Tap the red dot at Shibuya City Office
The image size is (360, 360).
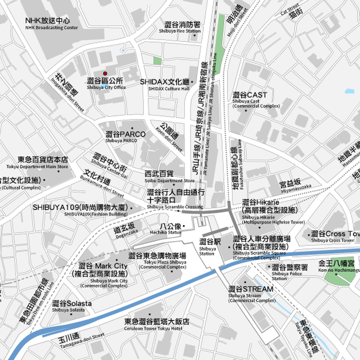pyautogui.click(x=105, y=73)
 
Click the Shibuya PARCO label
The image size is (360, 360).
pyautogui.click(x=125, y=136)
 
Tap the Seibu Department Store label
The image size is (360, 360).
pyautogui.click(x=164, y=176)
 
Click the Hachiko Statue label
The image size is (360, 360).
pyautogui.click(x=169, y=229)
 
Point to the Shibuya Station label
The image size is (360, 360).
pyautogui.click(x=208, y=246)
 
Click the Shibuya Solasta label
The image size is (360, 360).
pyautogui.click(x=72, y=306)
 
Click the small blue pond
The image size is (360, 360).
pyautogui.click(x=350, y=91)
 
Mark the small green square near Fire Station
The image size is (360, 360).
pyautogui.click(x=157, y=61)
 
